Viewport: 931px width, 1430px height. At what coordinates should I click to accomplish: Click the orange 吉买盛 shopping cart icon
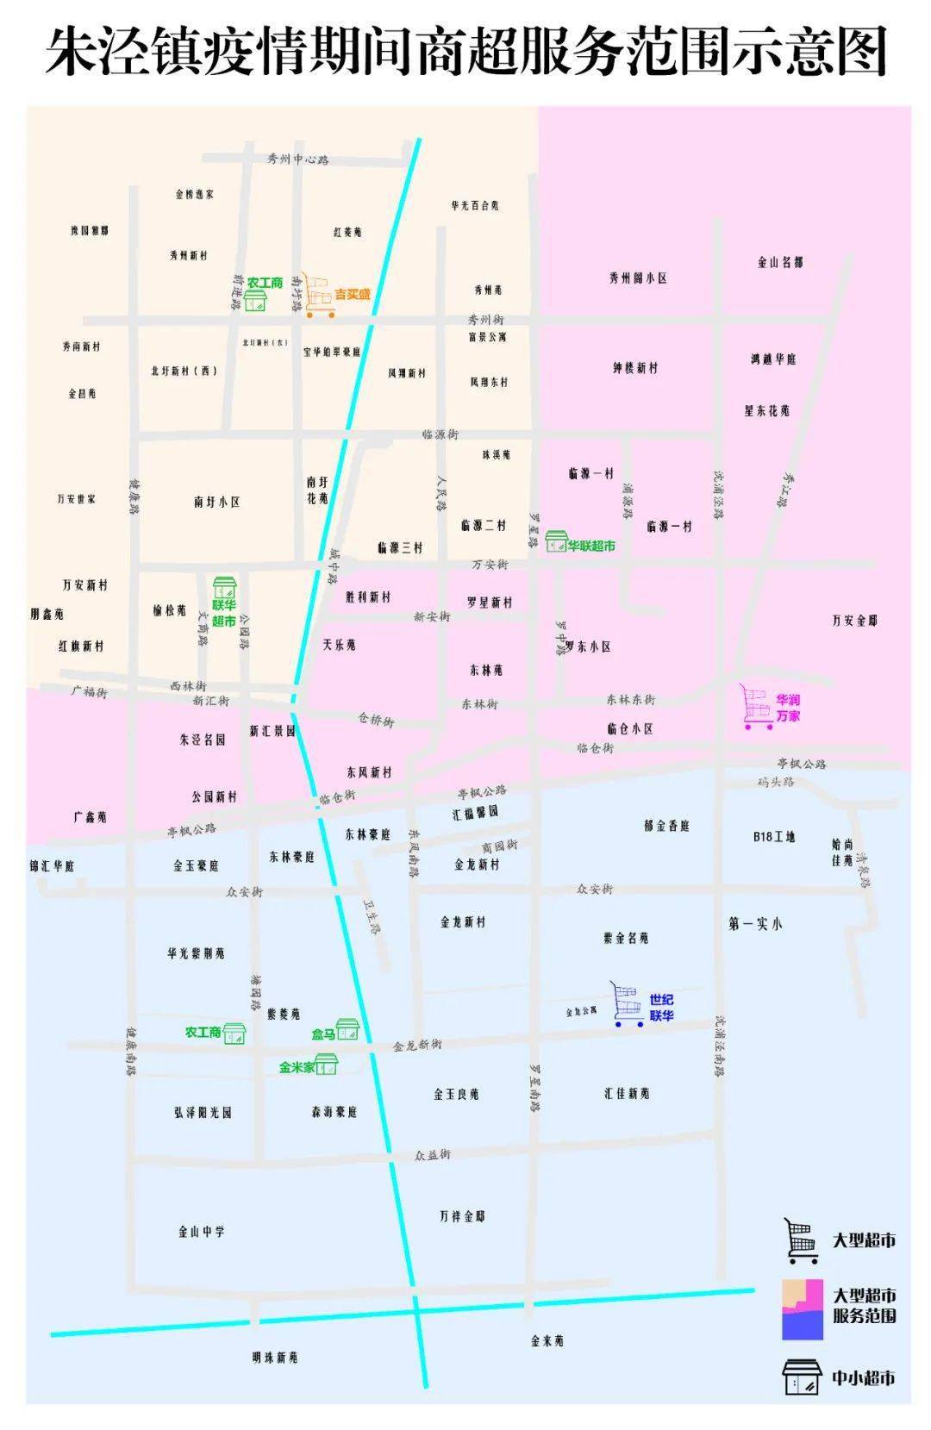319,296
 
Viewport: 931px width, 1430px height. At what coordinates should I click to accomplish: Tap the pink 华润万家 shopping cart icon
757,708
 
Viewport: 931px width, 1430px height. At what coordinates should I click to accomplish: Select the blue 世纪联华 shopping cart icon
628,1004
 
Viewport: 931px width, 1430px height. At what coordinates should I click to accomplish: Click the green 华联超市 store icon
556,541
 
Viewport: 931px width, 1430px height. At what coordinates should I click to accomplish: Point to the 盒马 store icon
347,1029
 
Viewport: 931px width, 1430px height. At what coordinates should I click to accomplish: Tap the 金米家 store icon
327,1065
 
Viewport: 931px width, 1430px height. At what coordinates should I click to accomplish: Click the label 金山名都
780,262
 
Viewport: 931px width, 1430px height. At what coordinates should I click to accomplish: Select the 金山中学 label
201,1232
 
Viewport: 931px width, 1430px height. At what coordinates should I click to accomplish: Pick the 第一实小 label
755,924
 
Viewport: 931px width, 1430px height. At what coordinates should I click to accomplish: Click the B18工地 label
773,836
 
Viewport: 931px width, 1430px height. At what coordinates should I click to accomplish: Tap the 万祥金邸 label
462,1216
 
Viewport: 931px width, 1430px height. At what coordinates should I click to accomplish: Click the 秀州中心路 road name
297,159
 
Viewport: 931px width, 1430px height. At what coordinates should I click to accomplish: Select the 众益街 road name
432,1154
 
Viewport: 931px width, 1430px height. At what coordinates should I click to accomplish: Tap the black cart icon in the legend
800,1240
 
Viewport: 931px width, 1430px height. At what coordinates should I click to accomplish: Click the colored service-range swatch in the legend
803,1309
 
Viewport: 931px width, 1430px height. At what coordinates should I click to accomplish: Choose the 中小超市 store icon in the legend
802,1377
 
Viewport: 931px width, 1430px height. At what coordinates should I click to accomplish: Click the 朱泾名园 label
203,740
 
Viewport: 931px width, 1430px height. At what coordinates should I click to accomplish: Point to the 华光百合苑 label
474,205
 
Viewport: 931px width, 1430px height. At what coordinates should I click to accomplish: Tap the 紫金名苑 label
626,938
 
